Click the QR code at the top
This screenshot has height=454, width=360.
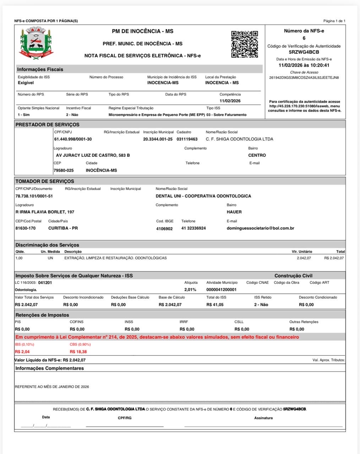point(245,44)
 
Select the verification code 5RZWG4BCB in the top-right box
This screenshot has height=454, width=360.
point(304,52)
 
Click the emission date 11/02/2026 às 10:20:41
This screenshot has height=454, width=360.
point(304,65)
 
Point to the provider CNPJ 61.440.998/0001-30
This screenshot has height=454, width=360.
point(73,139)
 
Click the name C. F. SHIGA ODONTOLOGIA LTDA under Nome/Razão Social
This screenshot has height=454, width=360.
point(239,139)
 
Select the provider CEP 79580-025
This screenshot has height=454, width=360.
point(64,171)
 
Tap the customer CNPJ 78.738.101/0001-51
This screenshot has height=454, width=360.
point(34,196)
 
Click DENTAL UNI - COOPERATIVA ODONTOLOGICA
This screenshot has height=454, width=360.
point(203,196)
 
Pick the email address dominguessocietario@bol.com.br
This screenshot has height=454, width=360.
point(260,228)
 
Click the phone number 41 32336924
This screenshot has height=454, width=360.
point(193,228)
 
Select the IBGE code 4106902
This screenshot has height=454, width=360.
point(164,229)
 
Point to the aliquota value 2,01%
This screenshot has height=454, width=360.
point(190,290)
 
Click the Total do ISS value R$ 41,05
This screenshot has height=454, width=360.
point(215,305)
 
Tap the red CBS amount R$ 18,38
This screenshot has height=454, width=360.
point(78,352)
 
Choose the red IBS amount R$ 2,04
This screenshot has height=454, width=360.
point(22,352)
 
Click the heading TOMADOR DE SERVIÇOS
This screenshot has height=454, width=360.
point(45,181)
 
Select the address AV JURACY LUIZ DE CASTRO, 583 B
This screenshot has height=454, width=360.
point(93,155)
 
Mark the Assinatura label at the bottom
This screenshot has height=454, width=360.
point(263,418)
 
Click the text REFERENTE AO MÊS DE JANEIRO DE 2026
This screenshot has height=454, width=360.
point(52,387)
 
